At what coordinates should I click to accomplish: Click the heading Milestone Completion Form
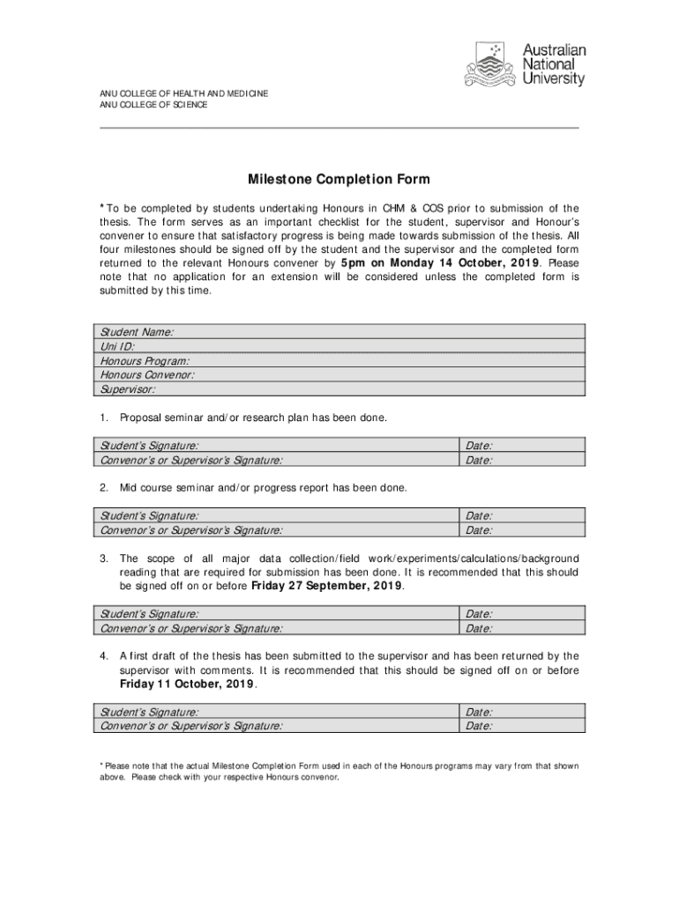(x=339, y=180)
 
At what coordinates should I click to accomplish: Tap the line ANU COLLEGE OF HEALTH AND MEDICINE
(x=183, y=93)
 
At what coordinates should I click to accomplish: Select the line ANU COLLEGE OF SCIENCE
(x=153, y=105)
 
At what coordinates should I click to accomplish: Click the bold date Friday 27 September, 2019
(x=327, y=586)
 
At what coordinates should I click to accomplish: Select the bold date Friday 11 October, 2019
(x=187, y=684)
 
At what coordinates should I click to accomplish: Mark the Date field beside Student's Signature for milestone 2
(x=521, y=516)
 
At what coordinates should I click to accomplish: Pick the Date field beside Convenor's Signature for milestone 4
(x=521, y=726)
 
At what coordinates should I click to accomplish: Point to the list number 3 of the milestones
(x=103, y=558)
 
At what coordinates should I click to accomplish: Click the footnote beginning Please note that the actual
(x=339, y=772)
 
